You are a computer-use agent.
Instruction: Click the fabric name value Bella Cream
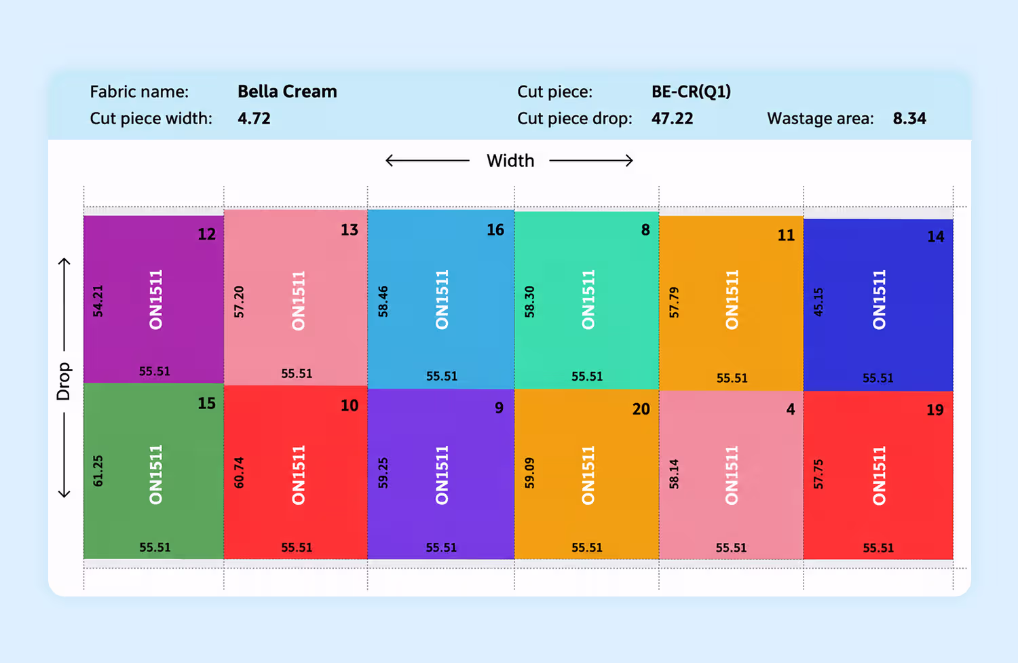[x=287, y=92]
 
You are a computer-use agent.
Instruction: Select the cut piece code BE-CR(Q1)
[x=692, y=92]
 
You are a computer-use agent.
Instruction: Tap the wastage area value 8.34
[x=909, y=119]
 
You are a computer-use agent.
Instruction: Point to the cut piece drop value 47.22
[x=672, y=119]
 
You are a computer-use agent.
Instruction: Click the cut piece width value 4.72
[x=254, y=119]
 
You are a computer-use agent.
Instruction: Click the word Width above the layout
[x=510, y=161]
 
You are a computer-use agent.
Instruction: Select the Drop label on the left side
[x=64, y=381]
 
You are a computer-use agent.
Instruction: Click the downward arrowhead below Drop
[x=64, y=493]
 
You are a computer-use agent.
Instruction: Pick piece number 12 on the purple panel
[x=207, y=234]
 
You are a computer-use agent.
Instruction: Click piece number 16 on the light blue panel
[x=495, y=229]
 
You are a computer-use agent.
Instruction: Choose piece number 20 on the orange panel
[x=641, y=409]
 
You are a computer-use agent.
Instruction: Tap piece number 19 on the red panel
[x=935, y=410]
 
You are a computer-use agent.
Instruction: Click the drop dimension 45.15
[x=818, y=302]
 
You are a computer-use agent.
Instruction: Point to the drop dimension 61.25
[x=98, y=471]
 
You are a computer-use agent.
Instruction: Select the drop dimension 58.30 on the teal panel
[x=529, y=302]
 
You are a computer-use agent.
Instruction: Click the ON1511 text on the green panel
[x=156, y=475]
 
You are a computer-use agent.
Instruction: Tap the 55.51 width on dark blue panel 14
[x=878, y=378]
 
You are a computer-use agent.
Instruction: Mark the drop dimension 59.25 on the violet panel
[x=383, y=473]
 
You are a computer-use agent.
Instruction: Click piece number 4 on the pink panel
[x=791, y=409]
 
